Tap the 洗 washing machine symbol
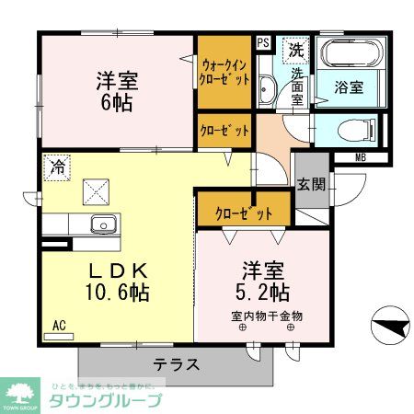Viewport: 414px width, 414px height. [x=296, y=48]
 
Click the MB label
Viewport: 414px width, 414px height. [x=362, y=156]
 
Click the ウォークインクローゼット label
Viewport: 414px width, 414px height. [x=224, y=73]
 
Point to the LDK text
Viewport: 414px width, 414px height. [x=117, y=272]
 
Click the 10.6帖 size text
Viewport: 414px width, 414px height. [x=118, y=295]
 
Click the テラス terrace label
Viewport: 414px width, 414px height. [x=176, y=362]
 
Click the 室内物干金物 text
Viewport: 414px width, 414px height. [x=267, y=316]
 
